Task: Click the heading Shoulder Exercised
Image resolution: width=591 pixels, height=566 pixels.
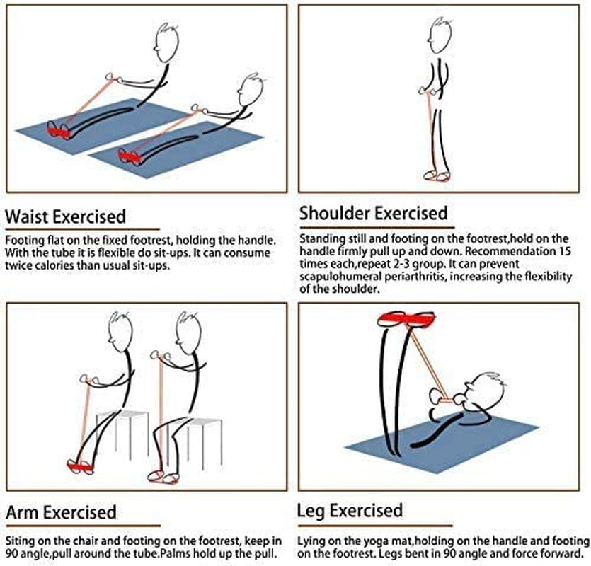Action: [373, 213]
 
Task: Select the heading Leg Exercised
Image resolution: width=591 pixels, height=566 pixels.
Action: [350, 511]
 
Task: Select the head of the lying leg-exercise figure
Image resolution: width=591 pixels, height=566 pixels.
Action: [488, 388]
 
